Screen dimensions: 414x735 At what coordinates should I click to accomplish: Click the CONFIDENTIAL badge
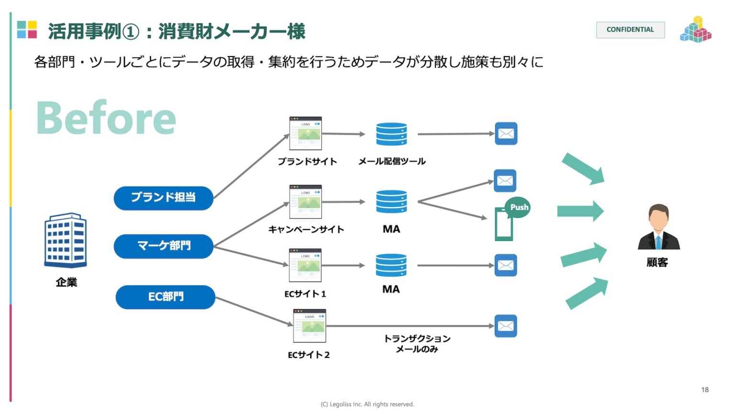630,30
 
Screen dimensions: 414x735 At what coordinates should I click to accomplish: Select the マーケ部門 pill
163,246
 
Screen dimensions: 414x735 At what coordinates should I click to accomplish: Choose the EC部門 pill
165,297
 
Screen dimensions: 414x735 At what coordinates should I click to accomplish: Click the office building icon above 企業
66,240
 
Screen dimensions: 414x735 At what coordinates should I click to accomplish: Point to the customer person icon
658,228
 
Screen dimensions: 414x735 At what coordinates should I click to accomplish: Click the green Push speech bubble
518,207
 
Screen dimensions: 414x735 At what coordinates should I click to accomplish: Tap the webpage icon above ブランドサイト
305,134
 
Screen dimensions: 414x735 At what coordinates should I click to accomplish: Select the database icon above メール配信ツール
391,134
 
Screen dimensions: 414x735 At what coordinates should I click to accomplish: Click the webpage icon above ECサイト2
310,326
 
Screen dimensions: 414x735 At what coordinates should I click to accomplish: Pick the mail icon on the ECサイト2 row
506,326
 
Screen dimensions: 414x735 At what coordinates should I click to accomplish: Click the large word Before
106,118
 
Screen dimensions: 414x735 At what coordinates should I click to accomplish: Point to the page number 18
704,390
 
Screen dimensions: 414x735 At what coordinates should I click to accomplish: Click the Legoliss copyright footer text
367,404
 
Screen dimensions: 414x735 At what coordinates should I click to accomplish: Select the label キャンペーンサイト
306,230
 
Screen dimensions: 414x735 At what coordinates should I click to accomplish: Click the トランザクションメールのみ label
417,344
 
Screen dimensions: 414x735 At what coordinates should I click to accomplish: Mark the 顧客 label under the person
657,263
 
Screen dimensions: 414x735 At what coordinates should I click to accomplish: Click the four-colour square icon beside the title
27,30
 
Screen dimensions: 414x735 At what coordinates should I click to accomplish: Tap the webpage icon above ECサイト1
305,265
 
